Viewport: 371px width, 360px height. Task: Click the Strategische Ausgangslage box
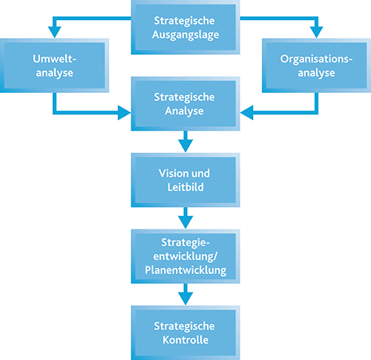point(185,27)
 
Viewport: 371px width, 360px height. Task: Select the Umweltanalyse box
point(54,65)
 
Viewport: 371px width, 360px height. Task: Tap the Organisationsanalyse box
point(317,65)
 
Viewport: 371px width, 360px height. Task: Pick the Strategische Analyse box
point(185,104)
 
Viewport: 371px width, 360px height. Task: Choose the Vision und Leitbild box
point(185,180)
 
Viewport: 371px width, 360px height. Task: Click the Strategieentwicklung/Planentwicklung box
point(185,256)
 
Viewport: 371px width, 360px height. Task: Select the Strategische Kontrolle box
point(185,333)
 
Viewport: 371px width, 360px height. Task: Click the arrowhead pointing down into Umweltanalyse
point(55,32)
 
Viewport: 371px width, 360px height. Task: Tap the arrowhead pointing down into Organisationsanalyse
point(317,32)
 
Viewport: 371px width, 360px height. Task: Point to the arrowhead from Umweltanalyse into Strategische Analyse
point(124,113)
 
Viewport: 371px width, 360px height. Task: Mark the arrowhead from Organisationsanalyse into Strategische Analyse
point(246,113)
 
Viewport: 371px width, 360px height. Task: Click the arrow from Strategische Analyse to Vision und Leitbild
point(185,142)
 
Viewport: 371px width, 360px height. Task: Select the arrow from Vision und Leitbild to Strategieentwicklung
point(185,218)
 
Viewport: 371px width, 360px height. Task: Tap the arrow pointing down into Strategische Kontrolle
point(185,295)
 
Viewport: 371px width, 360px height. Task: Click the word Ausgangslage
point(185,35)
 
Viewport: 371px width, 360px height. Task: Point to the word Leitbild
point(185,187)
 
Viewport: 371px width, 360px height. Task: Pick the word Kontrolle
point(185,340)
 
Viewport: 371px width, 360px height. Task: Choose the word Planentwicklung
point(185,270)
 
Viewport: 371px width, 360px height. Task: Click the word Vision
point(171,173)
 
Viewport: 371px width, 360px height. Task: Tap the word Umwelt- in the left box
point(54,59)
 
